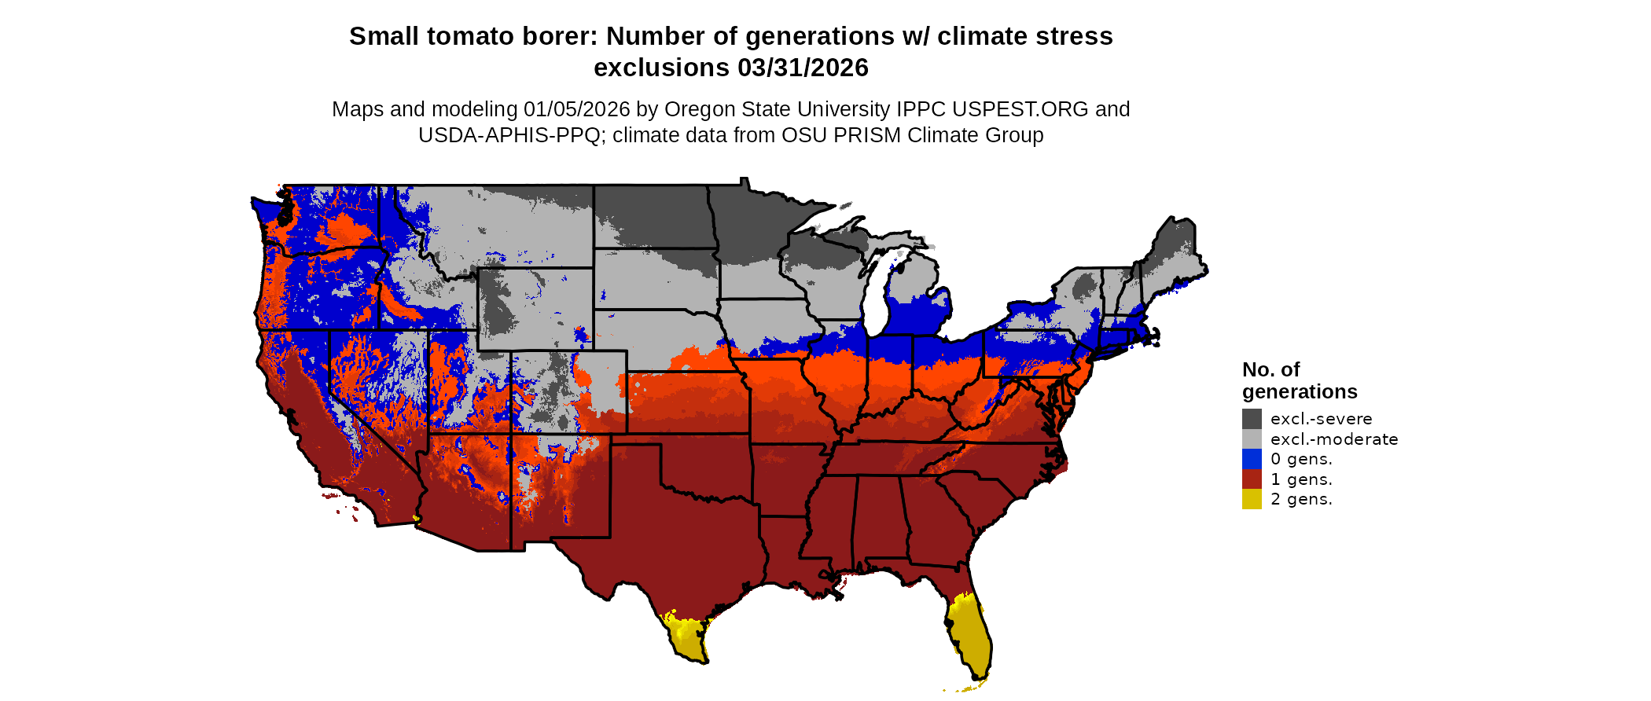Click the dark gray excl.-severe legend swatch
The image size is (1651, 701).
click(1252, 419)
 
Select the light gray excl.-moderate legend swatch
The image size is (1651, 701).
click(1252, 439)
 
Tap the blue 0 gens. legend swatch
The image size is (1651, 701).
click(1252, 459)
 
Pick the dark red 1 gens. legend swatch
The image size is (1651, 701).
click(1252, 479)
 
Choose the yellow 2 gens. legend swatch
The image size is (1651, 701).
click(1252, 499)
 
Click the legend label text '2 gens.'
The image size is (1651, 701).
click(1301, 499)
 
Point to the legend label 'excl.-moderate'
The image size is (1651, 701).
click(1334, 439)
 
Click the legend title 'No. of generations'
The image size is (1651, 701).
click(1299, 380)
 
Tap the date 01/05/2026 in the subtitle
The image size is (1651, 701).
click(577, 109)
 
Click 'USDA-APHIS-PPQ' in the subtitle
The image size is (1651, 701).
click(509, 135)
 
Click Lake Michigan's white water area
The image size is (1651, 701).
click(877, 299)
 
